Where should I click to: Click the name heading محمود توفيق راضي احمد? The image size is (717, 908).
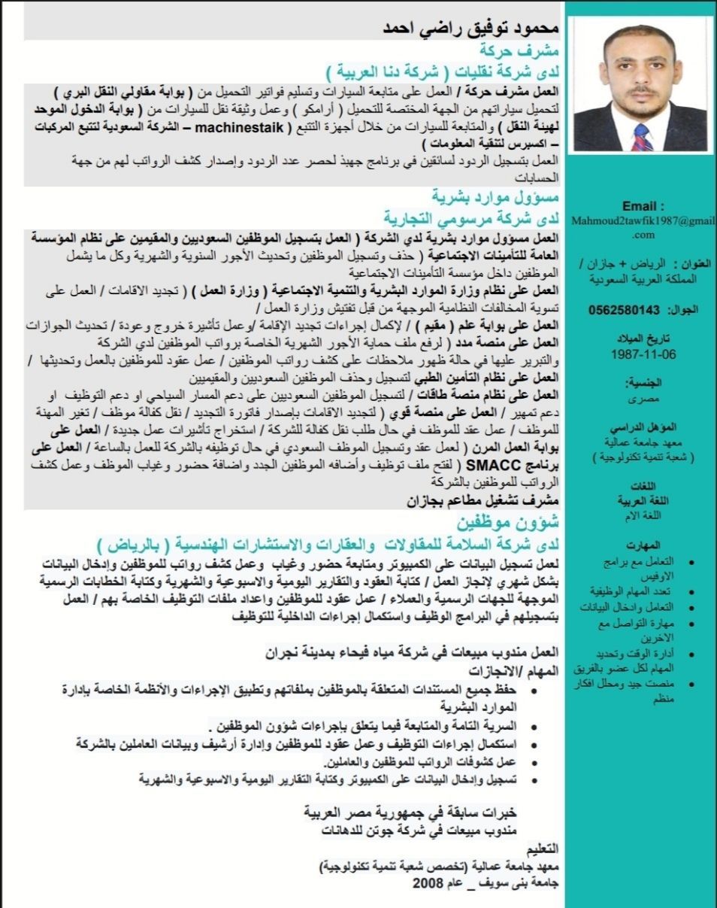(467, 29)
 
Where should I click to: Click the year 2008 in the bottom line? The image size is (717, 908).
(427, 882)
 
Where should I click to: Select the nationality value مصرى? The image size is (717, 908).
(643, 396)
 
